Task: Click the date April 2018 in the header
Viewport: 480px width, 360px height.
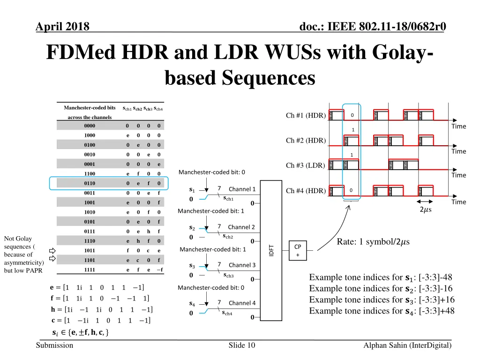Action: (x=62, y=27)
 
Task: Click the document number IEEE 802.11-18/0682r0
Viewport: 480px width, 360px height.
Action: (x=372, y=27)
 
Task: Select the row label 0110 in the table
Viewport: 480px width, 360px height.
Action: (x=90, y=183)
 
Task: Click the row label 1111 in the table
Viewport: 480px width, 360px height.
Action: (x=90, y=270)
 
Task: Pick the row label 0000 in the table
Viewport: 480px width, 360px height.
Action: (x=90, y=126)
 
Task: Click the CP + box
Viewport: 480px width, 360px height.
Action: (x=297, y=250)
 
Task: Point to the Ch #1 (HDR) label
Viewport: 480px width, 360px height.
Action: (x=306, y=116)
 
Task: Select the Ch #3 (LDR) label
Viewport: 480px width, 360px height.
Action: (x=306, y=165)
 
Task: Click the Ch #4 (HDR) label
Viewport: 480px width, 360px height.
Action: (x=306, y=191)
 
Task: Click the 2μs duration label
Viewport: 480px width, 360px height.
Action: (x=426, y=209)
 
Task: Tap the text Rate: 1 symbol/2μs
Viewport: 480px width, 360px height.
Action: (x=373, y=242)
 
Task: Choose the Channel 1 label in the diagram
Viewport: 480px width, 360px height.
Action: (x=242, y=189)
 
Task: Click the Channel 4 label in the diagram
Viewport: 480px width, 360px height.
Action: (x=242, y=303)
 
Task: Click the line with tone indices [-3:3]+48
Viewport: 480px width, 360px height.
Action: (x=382, y=311)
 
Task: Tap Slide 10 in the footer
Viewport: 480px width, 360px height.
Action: (x=241, y=345)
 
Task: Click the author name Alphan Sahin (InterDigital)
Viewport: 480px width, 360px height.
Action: (x=407, y=345)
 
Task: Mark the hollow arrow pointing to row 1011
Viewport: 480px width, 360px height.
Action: (x=52, y=250)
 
